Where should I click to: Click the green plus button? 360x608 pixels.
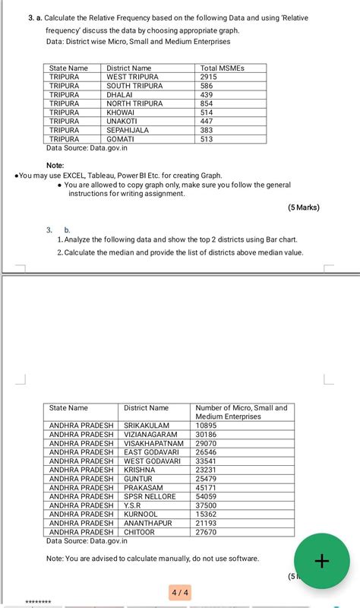[321, 562]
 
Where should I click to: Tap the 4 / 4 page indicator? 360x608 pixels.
[181, 591]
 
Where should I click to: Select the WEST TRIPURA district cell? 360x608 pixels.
[133, 77]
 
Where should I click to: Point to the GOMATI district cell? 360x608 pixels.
[121, 139]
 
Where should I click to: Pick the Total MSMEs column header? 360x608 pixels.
[223, 68]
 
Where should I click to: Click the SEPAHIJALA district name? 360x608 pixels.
[128, 130]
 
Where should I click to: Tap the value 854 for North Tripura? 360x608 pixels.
[207, 103]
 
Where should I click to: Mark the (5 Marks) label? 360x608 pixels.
[304, 207]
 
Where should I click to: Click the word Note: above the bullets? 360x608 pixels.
[55, 165]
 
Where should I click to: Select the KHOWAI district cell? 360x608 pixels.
[121, 112]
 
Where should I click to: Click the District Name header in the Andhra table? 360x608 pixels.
[146, 408]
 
